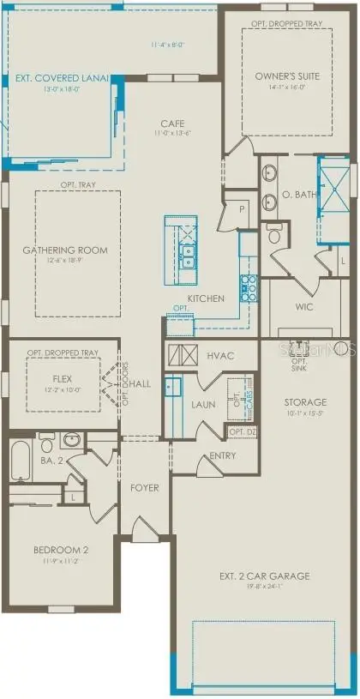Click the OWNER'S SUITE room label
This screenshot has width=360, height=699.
[x=287, y=76]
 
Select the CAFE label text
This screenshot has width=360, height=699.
[x=172, y=124]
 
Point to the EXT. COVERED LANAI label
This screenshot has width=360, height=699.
[x=63, y=77]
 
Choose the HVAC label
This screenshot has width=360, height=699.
[x=221, y=355]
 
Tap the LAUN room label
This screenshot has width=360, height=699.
[x=204, y=405]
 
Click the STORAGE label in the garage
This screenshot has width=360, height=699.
[x=305, y=402]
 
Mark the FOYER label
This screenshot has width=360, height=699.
[x=145, y=488]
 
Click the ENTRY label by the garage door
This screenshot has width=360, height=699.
[x=222, y=456]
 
